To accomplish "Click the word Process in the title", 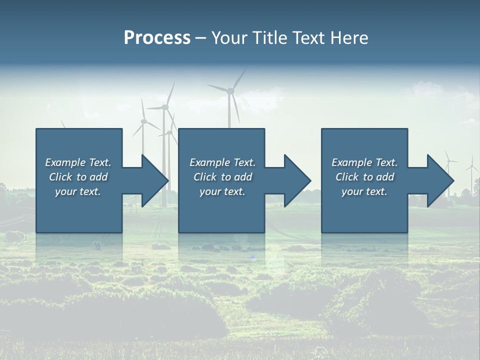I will [157, 38].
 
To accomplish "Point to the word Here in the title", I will [349, 38].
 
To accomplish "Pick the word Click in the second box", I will [205, 177].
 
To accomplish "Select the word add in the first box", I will [99, 177].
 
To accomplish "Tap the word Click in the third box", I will [347, 177].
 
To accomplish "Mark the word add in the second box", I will [243, 177].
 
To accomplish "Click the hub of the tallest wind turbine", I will [230, 90].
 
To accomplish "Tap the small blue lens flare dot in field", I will [253, 257].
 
